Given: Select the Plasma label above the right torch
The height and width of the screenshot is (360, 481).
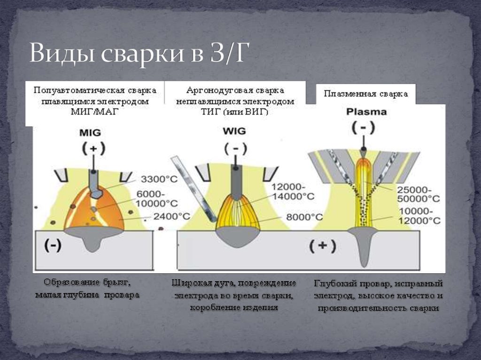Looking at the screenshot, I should [366, 112].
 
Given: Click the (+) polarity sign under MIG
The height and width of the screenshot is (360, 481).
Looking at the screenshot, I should [94, 149].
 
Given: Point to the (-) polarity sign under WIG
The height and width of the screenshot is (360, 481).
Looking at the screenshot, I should [234, 149].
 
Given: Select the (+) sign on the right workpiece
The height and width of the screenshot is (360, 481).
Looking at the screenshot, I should [323, 245].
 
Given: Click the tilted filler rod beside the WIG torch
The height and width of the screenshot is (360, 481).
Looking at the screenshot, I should [193, 188].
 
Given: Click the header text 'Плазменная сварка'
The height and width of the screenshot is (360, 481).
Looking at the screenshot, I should [365, 94].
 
